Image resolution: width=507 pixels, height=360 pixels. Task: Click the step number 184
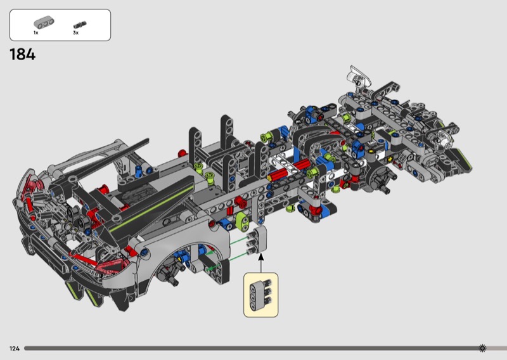tap(22, 55)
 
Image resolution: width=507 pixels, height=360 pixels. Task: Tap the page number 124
tap(15, 349)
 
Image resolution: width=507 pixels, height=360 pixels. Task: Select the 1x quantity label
tap(36, 33)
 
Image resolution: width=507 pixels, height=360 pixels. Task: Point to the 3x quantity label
tap(75, 33)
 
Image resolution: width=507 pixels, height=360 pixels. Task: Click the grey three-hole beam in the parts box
tap(44, 23)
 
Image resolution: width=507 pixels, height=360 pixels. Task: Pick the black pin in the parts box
tap(80, 25)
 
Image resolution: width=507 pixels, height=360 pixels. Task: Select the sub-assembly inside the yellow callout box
tap(260, 295)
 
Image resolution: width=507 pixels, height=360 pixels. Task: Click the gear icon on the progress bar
tap(482, 348)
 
